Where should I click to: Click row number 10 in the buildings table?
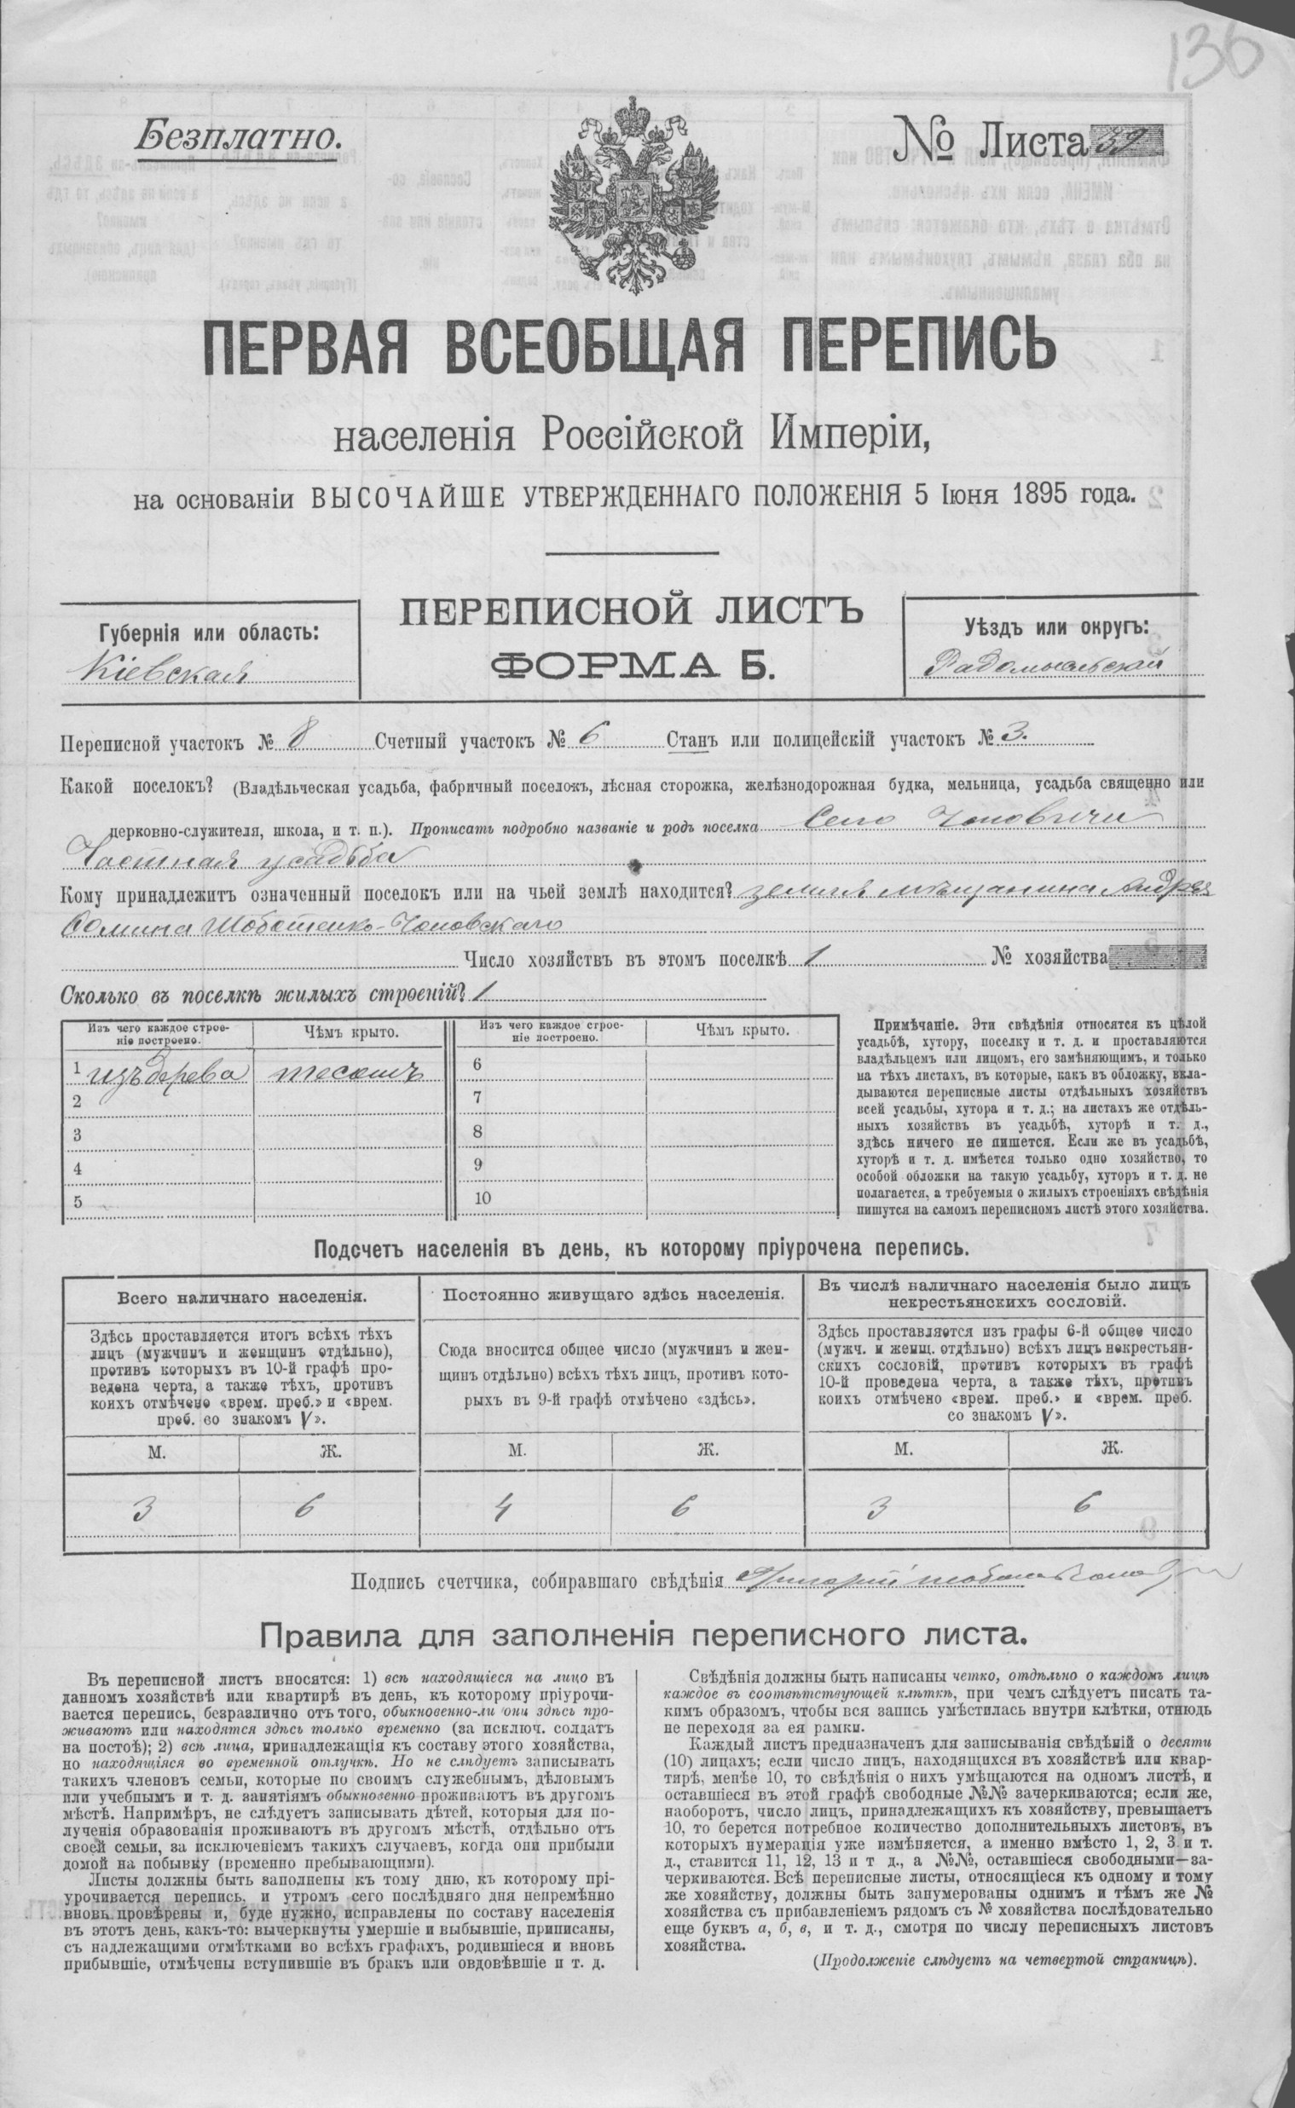[x=482, y=1197]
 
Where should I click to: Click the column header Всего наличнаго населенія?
[x=240, y=1297]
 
